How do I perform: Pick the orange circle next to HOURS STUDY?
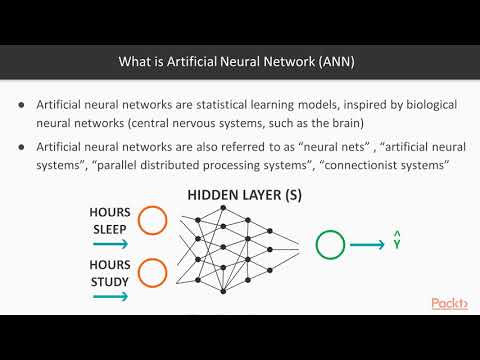(x=153, y=272)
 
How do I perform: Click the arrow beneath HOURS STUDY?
(x=109, y=295)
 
